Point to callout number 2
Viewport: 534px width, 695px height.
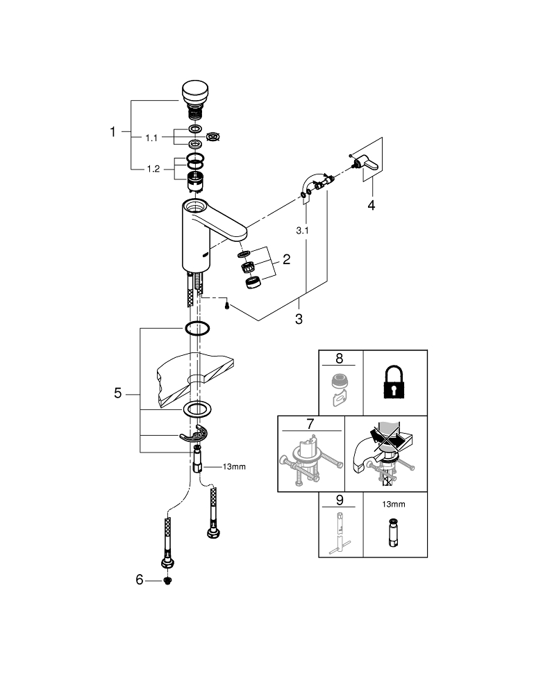tap(285, 261)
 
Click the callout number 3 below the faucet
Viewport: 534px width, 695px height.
tap(299, 319)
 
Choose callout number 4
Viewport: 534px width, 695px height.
tap(371, 206)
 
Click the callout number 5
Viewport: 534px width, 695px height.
tap(118, 394)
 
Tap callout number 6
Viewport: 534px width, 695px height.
tap(140, 580)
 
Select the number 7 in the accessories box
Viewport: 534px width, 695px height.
tap(310, 424)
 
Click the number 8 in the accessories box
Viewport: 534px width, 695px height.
tap(339, 359)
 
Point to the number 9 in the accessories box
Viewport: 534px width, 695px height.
tap(339, 498)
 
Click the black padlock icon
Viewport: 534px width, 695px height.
tap(394, 383)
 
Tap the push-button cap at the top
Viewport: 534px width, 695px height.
tap(196, 92)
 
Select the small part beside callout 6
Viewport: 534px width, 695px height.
tap(167, 580)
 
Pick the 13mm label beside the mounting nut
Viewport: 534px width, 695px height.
tap(234, 466)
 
